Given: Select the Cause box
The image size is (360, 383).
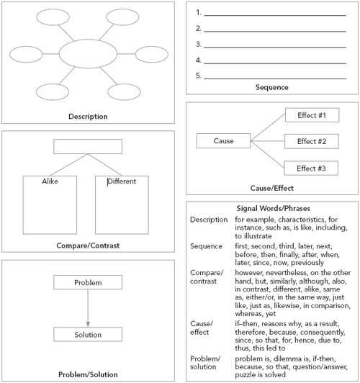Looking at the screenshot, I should (224, 141).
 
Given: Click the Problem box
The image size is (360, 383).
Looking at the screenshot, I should (88, 282).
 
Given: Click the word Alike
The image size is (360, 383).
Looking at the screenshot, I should (50, 181).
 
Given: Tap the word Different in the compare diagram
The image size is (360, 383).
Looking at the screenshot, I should (122, 181).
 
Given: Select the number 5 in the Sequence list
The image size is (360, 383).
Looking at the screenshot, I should (198, 76).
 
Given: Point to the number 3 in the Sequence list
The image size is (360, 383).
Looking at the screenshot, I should (198, 45).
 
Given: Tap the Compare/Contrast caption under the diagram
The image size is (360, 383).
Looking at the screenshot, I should (88, 245).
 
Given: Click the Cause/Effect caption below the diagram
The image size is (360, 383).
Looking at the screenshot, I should (271, 189).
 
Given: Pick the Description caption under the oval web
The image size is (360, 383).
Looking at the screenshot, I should (88, 117).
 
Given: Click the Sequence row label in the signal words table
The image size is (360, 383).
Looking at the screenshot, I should (206, 246).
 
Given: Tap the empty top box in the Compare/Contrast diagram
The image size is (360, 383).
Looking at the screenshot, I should (88, 147).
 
